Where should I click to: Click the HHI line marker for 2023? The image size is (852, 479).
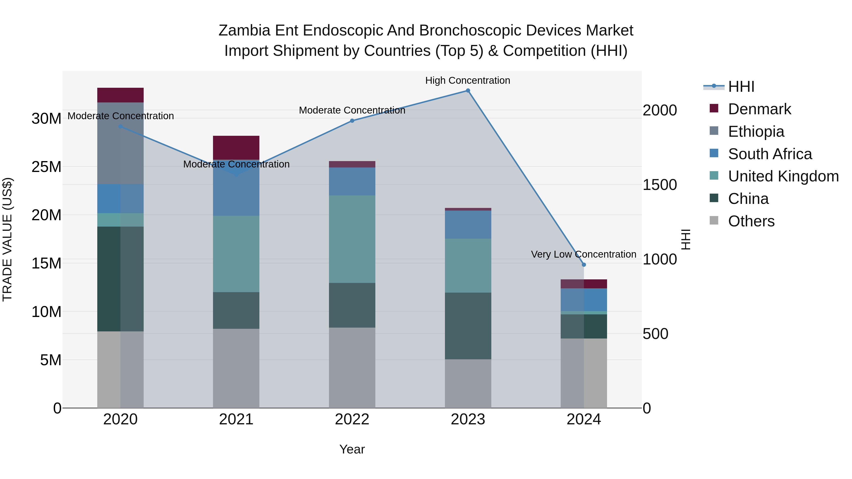click(x=468, y=91)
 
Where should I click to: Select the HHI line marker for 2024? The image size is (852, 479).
click(x=584, y=265)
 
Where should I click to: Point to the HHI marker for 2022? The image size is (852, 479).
click(x=352, y=121)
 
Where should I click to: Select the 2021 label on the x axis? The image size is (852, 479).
click(x=236, y=419)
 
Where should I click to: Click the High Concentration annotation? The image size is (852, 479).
click(x=467, y=80)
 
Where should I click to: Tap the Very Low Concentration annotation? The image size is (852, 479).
click(x=583, y=254)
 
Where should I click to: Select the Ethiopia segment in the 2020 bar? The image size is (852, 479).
click(x=120, y=143)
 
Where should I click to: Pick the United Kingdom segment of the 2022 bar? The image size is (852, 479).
click(x=352, y=239)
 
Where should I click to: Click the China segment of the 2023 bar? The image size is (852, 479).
click(x=468, y=326)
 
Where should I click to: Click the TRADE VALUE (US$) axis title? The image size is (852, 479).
click(x=7, y=239)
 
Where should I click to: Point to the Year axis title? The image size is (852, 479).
click(x=352, y=449)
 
